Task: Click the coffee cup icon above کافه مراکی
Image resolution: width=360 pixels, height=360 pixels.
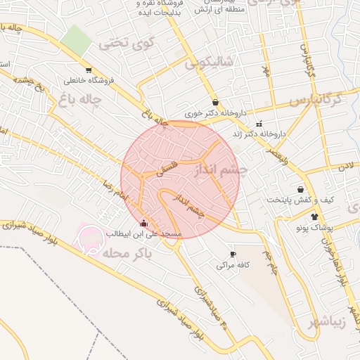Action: click(x=233, y=255)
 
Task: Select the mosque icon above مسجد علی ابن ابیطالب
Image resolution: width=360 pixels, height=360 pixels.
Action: click(x=144, y=223)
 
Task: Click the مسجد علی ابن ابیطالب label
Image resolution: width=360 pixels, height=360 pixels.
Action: click(x=144, y=233)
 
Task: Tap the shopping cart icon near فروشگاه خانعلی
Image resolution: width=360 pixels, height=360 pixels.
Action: click(x=89, y=70)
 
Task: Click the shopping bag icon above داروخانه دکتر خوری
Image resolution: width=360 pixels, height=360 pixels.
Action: click(x=215, y=102)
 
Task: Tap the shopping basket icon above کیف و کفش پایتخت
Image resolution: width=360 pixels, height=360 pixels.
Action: click(x=301, y=189)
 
